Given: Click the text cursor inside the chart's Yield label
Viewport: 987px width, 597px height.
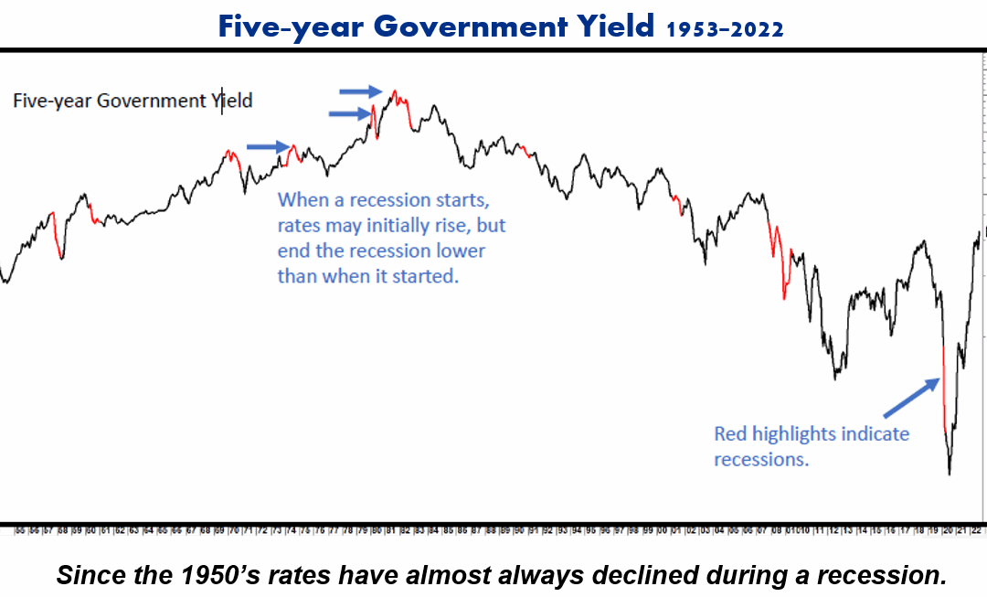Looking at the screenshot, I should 222,100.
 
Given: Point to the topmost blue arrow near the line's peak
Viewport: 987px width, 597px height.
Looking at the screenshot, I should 361,91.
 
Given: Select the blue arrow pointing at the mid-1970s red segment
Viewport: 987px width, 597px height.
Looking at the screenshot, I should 268,145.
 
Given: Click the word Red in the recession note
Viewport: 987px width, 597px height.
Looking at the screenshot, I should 731,433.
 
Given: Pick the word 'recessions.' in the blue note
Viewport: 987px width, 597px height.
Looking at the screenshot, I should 761,459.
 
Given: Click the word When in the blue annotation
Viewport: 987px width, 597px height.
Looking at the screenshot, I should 302,199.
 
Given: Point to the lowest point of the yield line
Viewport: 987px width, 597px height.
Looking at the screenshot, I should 950,474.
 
